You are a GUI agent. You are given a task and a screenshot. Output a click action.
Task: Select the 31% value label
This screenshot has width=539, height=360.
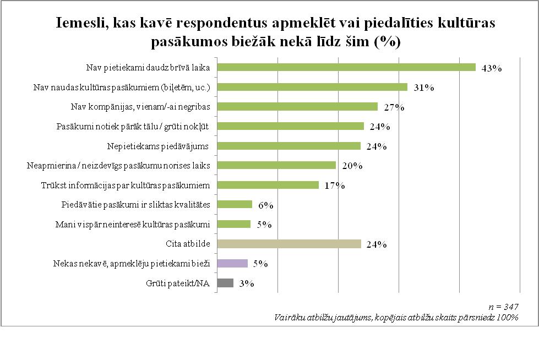[422, 88]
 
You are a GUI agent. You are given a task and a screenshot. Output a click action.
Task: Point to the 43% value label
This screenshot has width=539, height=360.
[491, 69]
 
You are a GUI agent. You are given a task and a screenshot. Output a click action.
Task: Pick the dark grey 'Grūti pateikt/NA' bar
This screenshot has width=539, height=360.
[225, 283]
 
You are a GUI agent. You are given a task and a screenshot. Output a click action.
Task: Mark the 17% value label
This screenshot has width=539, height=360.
[334, 186]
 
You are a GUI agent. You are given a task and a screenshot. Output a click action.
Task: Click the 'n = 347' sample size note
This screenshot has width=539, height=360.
[507, 307]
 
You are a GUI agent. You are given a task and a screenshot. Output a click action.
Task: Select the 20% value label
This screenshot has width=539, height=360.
[351, 166]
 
